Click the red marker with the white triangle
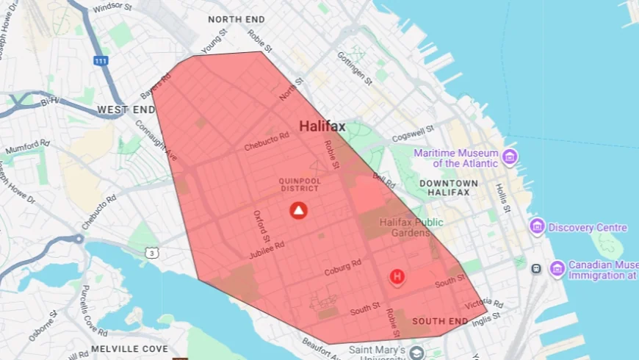(x=298, y=211)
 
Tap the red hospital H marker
(x=397, y=276)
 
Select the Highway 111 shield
(x=101, y=60)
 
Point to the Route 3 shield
(x=151, y=253)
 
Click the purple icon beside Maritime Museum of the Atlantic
(x=510, y=157)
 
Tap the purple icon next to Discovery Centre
(x=537, y=227)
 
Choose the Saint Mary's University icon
(x=417, y=353)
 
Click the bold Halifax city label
(x=322, y=126)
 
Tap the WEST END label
(x=126, y=109)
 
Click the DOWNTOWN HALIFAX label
(x=449, y=187)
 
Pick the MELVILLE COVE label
(x=130, y=348)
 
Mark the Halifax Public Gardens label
(x=405, y=227)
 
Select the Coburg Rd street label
(x=343, y=267)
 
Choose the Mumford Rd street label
(x=28, y=146)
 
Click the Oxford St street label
(x=261, y=224)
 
